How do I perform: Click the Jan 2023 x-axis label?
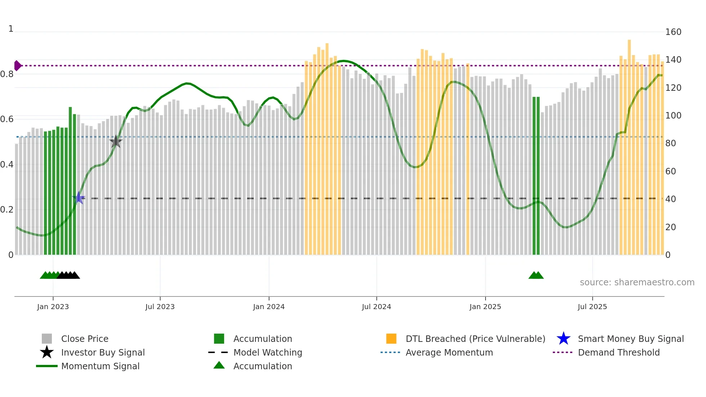[53, 307]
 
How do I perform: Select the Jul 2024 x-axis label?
[376, 307]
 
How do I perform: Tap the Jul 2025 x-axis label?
[592, 307]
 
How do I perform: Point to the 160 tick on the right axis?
[673, 32]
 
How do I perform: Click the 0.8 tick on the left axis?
[7, 74]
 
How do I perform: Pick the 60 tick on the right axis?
[671, 171]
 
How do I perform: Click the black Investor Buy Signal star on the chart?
[116, 142]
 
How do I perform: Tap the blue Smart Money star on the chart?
[79, 198]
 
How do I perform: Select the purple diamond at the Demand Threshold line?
[17, 66]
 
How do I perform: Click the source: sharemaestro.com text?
[637, 282]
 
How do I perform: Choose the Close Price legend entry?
[85, 339]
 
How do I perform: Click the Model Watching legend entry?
[268, 352]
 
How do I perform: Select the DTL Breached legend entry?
[475, 339]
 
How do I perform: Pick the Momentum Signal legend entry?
[100, 366]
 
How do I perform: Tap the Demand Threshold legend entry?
[618, 352]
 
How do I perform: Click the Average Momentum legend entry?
[449, 352]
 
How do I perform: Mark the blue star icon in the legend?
[563, 339]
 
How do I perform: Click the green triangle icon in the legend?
[219, 365]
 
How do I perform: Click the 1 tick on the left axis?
[11, 29]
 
